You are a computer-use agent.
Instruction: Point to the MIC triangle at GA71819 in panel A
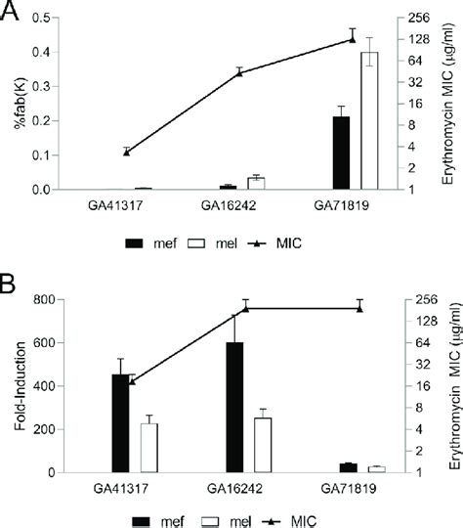(x=353, y=39)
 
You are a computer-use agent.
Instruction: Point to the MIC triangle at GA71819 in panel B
(x=360, y=308)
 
